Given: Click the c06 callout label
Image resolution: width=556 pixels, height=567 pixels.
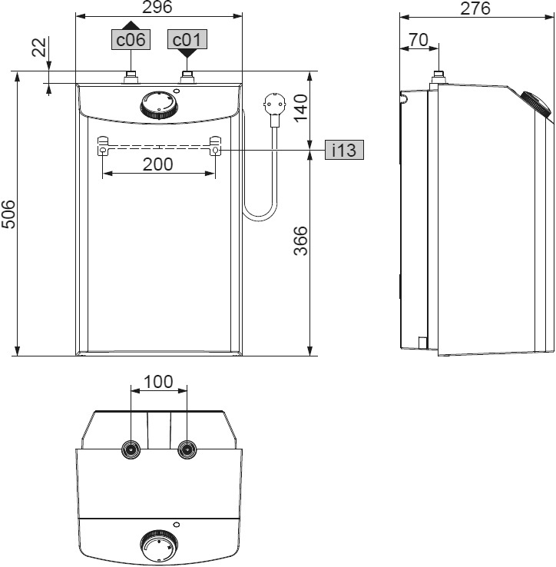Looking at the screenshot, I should pyautogui.click(x=131, y=40).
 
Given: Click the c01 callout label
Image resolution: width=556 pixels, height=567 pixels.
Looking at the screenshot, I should pyautogui.click(x=188, y=40).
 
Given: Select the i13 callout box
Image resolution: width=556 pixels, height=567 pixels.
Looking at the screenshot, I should pyautogui.click(x=343, y=150).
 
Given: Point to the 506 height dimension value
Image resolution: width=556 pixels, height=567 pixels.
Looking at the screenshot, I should pyautogui.click(x=8, y=214).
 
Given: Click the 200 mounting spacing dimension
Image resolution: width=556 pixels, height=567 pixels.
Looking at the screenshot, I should pyautogui.click(x=158, y=164).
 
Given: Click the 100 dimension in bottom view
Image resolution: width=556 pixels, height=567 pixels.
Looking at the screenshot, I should pyautogui.click(x=158, y=382).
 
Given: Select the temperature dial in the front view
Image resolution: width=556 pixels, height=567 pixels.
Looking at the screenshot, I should pyautogui.click(x=159, y=105).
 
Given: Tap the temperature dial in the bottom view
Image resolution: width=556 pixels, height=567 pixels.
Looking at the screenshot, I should pyautogui.click(x=159, y=547).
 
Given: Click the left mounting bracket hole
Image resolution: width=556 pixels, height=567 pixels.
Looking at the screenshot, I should pyautogui.click(x=103, y=151).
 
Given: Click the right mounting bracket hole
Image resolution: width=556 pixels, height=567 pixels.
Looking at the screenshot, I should pyautogui.click(x=215, y=151).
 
